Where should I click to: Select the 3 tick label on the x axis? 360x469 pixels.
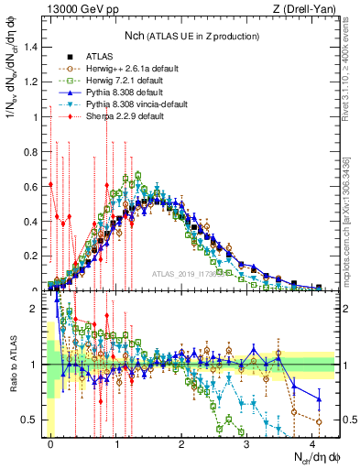246,443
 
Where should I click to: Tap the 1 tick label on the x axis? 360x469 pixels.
116,443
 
